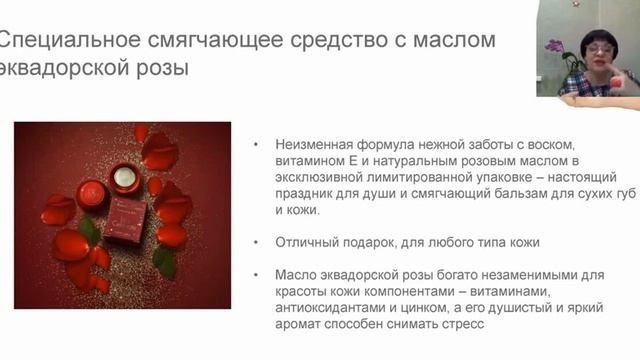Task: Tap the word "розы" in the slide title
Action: tap(158, 71)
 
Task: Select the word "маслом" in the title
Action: tap(454, 41)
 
